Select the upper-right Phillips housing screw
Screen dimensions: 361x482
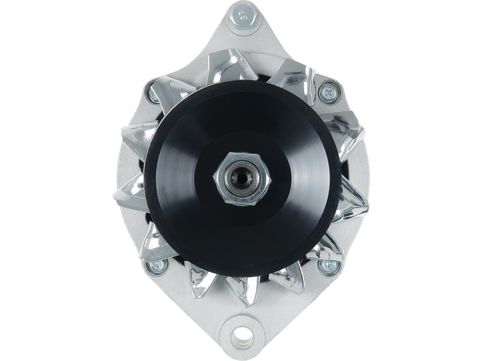(x=328, y=92)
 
